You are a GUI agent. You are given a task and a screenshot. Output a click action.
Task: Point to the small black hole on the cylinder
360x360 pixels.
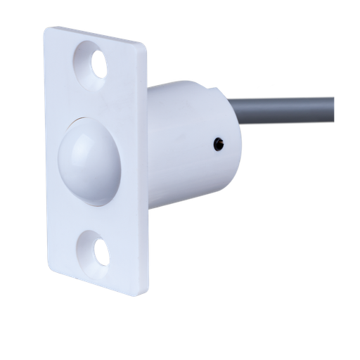(x=219, y=143)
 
